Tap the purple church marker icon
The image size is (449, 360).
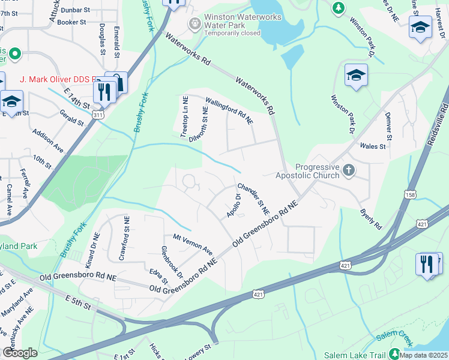[348, 172]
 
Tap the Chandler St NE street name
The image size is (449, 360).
[254, 199]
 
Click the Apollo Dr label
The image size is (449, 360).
[234, 206]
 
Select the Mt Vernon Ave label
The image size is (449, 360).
[193, 244]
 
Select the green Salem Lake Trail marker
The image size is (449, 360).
[394, 354]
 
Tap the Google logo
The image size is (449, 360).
[20, 353]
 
